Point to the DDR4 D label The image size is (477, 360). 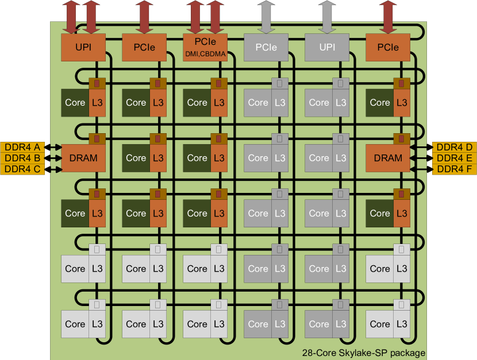(454, 147)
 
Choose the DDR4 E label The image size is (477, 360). (454, 158)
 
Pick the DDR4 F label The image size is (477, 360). (454, 169)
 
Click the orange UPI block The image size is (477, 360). (83, 47)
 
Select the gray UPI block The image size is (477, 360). (327, 47)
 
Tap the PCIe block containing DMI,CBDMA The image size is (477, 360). (205, 47)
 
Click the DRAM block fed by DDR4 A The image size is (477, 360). (83, 158)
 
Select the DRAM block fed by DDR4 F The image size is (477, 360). (388, 158)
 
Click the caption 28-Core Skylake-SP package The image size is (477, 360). (363, 353)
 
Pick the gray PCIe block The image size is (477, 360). (266, 47)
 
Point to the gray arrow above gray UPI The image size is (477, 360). (327, 17)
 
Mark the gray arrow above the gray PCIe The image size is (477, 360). (266, 17)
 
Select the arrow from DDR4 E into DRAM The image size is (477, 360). (421, 158)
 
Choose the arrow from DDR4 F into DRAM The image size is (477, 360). (421, 169)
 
